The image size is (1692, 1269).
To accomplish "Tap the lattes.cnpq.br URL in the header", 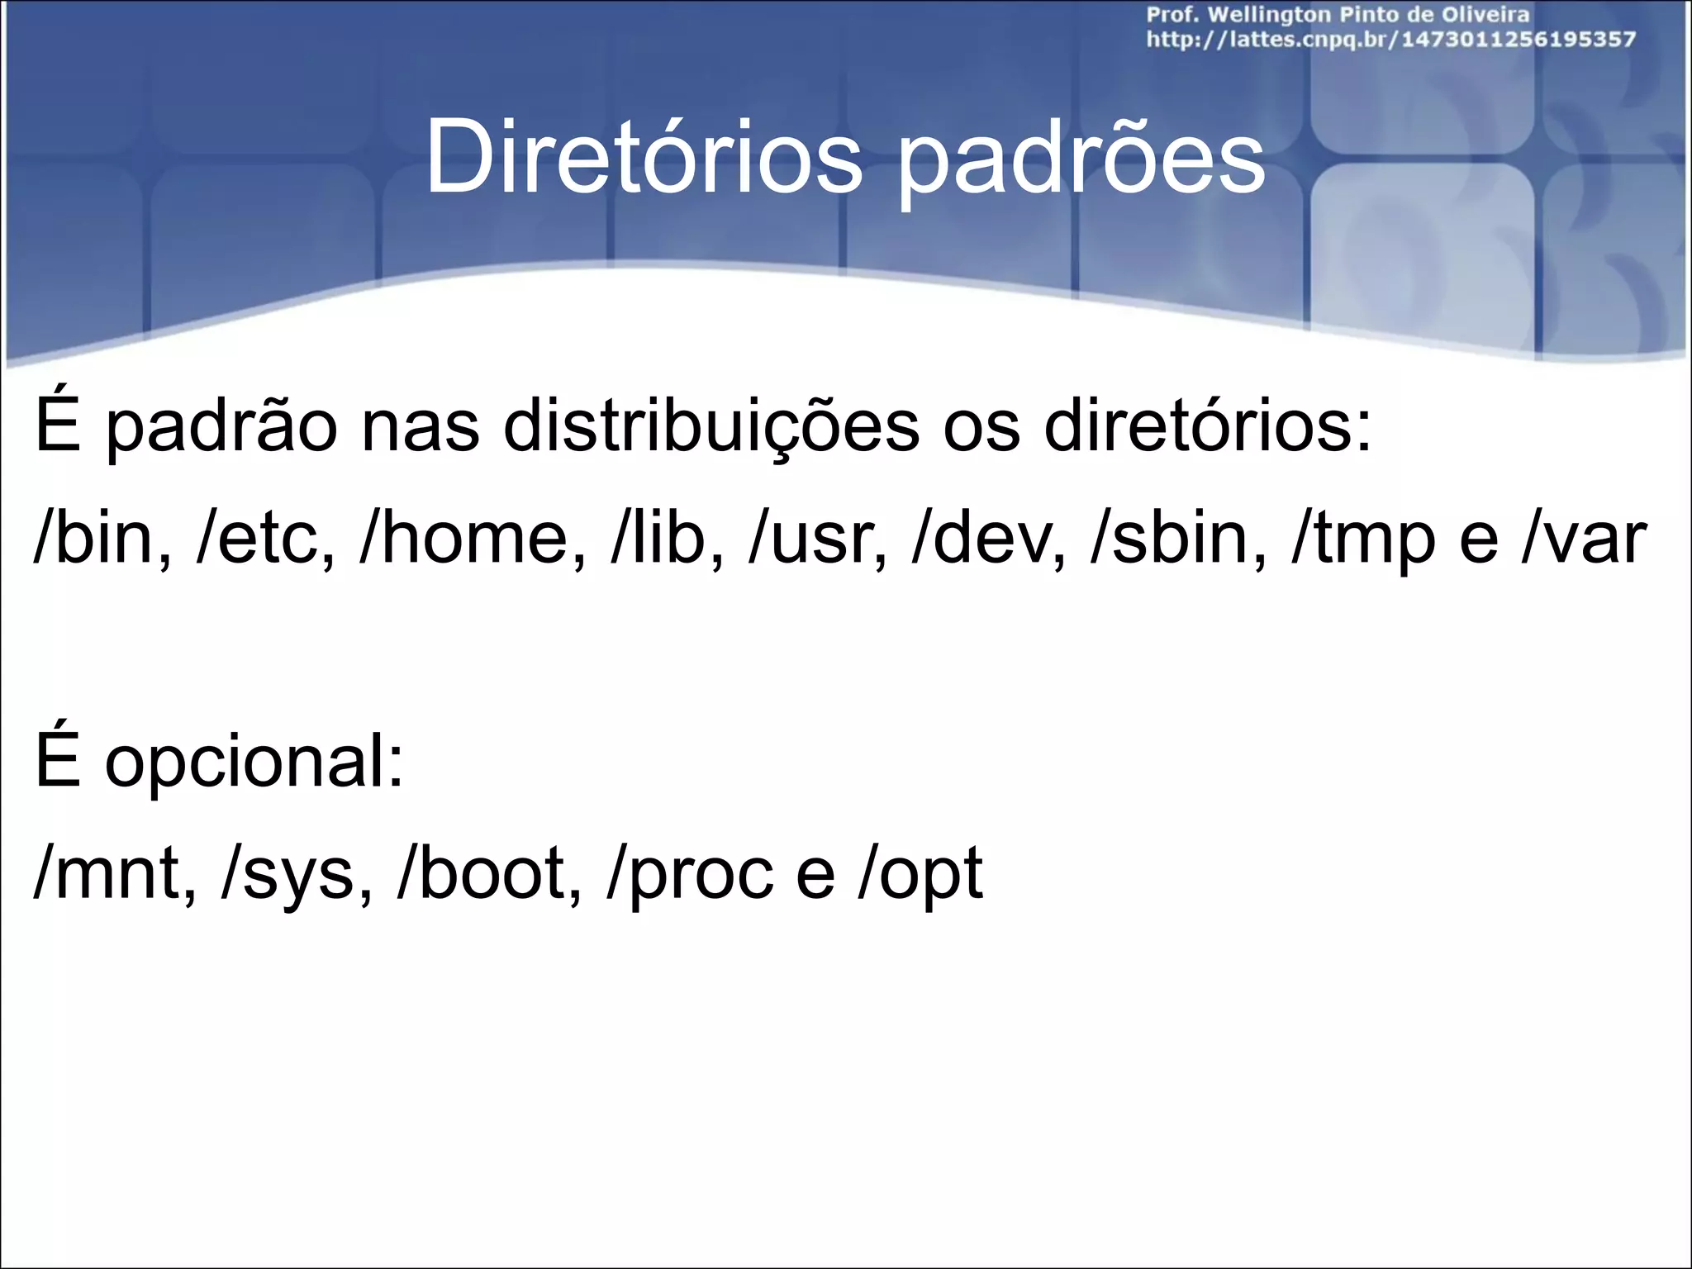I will [x=1390, y=40].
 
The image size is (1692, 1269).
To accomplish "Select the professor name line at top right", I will [x=1338, y=14].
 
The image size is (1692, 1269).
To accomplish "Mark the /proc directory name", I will [x=689, y=876].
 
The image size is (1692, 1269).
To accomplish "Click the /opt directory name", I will [x=920, y=876].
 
